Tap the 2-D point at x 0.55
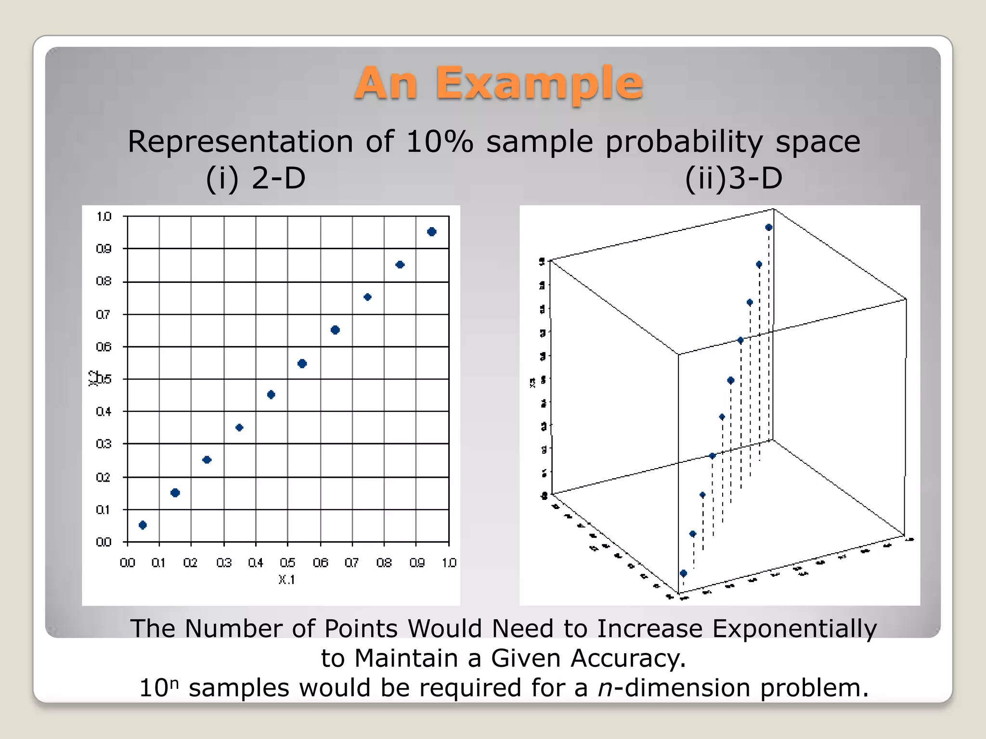point(302,363)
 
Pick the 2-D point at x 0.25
point(207,459)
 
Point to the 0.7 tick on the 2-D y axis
point(104,315)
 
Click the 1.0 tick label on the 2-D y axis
point(104,217)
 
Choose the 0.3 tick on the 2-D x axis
point(224,562)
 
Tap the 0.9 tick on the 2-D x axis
point(417,562)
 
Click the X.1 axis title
point(286,580)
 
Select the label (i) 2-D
point(256,178)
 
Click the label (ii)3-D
point(733,178)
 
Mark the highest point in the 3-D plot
point(769,227)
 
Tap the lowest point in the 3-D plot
point(683,573)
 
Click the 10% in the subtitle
point(440,142)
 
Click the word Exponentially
point(794,629)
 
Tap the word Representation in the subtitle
point(240,143)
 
